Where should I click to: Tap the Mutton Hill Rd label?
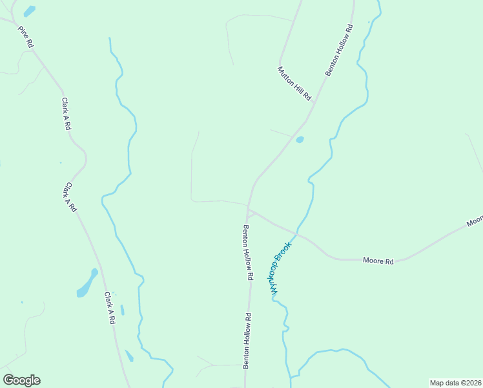[295, 83]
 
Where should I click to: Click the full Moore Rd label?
[378, 261]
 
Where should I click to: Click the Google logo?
[21, 380]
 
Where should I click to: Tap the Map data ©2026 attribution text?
[456, 383]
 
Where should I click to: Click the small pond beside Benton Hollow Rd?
[300, 139]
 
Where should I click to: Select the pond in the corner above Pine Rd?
[29, 11]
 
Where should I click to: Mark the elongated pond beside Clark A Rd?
[87, 283]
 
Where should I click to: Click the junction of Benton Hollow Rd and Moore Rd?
[249, 209]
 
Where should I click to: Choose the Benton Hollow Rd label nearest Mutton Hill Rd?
[339, 50]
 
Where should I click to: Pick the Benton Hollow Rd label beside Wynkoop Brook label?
[247, 252]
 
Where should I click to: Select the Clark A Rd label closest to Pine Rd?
[66, 114]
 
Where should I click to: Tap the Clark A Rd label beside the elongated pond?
[110, 307]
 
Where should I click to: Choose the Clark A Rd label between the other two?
[70, 197]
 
